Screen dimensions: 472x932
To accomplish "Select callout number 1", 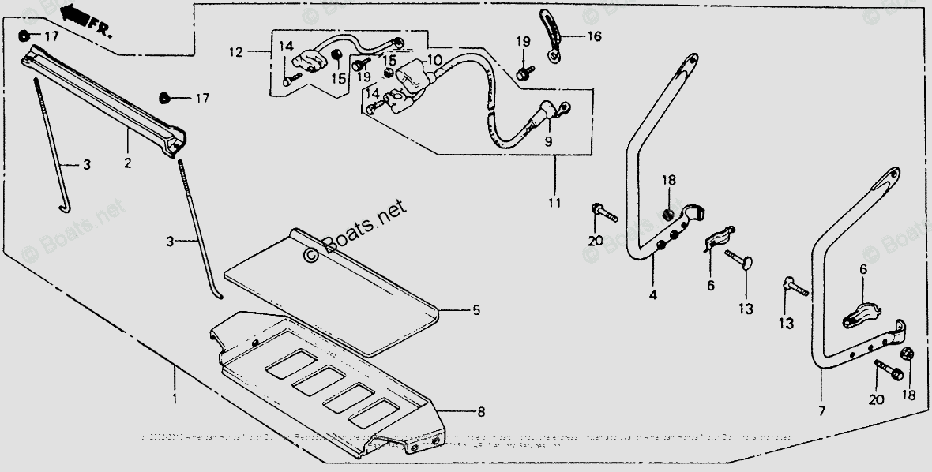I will coord(174,399).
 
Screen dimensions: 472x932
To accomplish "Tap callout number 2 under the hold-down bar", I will coord(127,163).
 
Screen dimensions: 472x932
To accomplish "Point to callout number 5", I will coord(475,310).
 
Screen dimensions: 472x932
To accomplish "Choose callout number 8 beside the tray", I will coord(481,411).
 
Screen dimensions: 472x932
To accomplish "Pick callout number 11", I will coord(554,203).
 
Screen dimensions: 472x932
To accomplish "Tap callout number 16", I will coord(594,36).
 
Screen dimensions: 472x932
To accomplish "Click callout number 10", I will coord(434,60).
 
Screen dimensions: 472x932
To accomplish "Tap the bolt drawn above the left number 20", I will coord(600,212).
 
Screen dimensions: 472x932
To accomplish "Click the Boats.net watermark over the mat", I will coord(355,230).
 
